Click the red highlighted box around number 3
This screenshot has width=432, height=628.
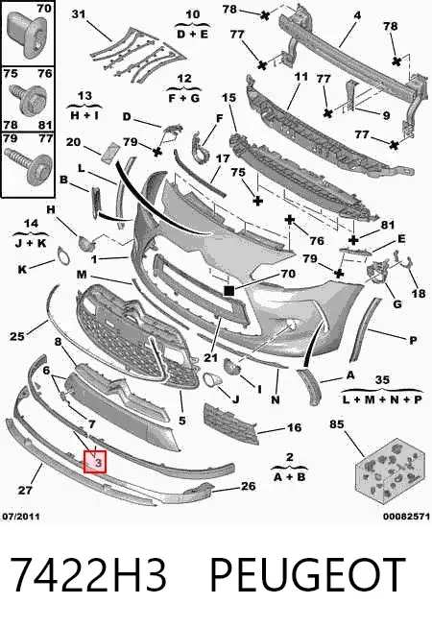[94, 461]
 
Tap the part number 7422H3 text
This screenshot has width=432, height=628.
[87, 575]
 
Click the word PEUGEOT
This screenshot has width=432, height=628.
[307, 575]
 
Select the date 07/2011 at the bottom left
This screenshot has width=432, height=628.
[21, 517]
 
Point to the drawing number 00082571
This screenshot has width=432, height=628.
[406, 517]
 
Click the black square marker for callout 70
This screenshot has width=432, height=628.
[229, 290]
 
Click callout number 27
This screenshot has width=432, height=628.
[25, 490]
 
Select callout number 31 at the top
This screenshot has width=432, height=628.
[79, 14]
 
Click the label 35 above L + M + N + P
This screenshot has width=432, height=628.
[382, 379]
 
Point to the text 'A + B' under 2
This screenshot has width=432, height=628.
[290, 477]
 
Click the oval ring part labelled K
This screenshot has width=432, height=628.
[63, 256]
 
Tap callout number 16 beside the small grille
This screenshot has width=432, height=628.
[294, 427]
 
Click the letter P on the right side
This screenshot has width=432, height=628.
[413, 341]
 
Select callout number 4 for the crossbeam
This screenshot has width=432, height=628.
[357, 15]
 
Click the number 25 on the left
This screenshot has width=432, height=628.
[17, 336]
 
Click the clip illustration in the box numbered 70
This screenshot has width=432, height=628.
[30, 35]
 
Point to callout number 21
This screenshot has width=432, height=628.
[210, 357]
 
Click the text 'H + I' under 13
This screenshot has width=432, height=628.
[84, 115]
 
